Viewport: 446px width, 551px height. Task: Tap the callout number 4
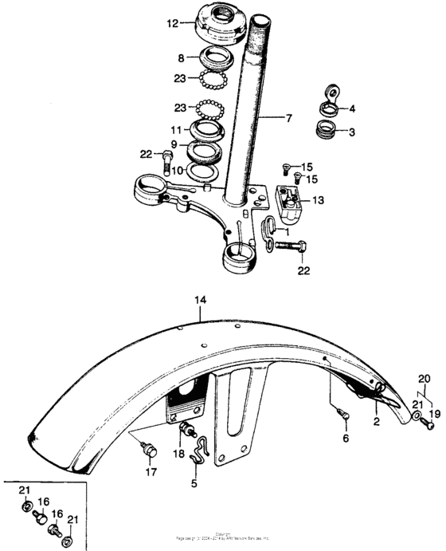(354, 108)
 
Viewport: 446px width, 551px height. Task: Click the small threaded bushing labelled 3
(326, 130)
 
